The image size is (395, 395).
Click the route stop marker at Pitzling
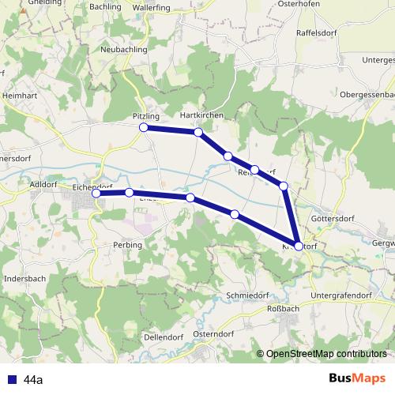click(x=144, y=127)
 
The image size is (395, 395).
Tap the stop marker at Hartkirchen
click(x=198, y=133)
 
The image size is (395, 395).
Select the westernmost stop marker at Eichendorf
click(x=96, y=194)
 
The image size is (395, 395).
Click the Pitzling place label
click(x=145, y=116)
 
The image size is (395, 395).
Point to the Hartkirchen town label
click(x=202, y=115)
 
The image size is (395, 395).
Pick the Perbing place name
click(x=127, y=245)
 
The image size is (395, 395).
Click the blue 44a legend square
click(x=11, y=379)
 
